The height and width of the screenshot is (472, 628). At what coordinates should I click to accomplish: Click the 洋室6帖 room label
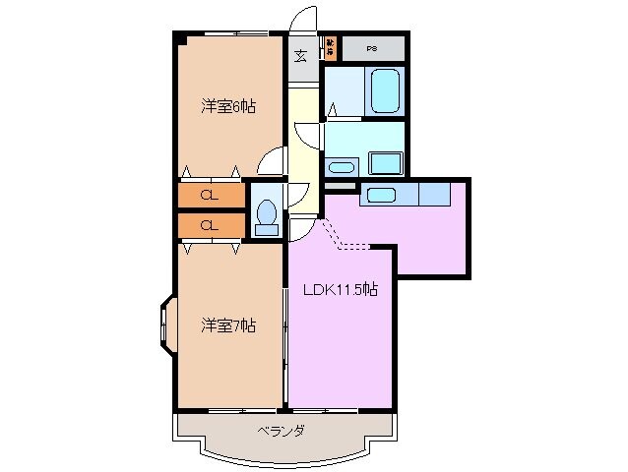[x=229, y=107]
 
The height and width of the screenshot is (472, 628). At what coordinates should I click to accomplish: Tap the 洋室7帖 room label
[x=229, y=324]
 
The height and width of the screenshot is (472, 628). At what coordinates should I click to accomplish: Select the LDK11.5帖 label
[x=341, y=290]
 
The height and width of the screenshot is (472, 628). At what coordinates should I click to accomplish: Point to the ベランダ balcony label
[x=282, y=431]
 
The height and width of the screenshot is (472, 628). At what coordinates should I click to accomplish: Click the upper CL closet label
[x=209, y=195]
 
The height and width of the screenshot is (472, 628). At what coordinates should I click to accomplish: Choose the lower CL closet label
[x=209, y=225]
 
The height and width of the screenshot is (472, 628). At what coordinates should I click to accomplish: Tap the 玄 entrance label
[x=300, y=55]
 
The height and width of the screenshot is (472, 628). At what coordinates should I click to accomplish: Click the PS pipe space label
[x=372, y=47]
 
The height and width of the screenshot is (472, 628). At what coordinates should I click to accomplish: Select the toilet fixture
[x=266, y=215]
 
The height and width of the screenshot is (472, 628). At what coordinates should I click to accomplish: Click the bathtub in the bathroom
[x=385, y=91]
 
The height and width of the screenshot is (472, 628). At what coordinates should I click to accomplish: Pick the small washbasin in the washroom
[x=343, y=166]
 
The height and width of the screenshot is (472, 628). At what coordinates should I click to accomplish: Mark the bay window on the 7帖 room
[x=163, y=324]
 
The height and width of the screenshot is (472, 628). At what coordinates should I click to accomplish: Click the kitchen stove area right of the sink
[x=433, y=194]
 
